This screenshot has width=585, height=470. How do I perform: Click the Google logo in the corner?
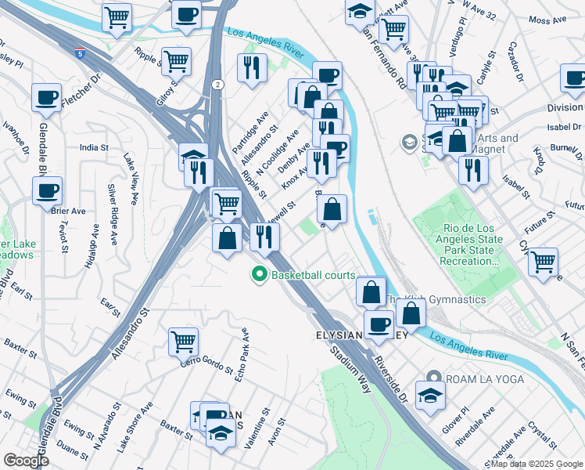pos(26,461)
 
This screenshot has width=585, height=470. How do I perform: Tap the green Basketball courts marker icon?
pos(260,275)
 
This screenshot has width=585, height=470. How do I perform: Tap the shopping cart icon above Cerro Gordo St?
pos(183,340)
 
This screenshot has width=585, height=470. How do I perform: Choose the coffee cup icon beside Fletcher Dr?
pos(46,97)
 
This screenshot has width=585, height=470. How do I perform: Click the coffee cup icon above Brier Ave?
pos(46,189)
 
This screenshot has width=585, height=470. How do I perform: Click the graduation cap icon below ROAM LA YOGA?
pos(429,395)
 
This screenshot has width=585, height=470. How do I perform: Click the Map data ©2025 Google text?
pos(537,464)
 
